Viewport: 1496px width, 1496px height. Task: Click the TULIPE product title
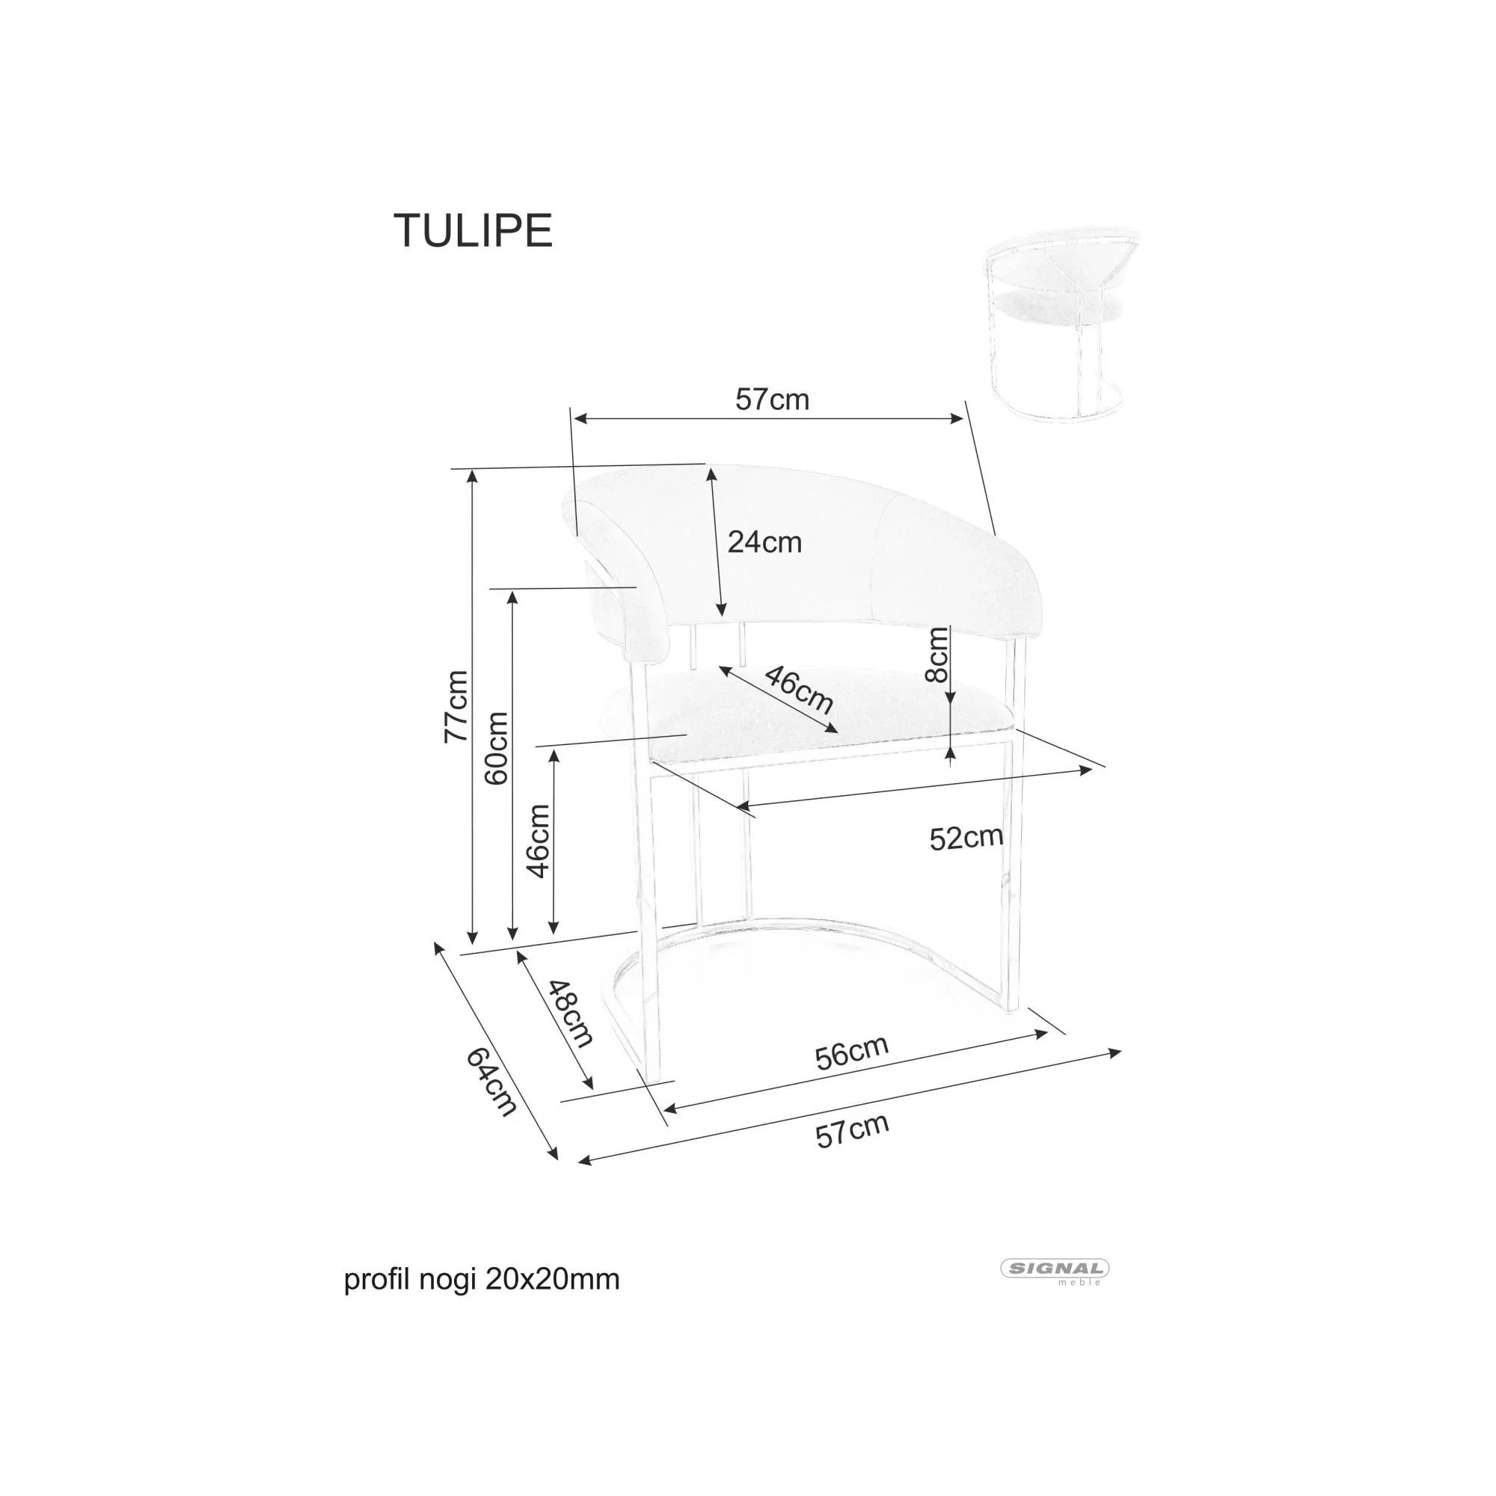pyautogui.click(x=473, y=230)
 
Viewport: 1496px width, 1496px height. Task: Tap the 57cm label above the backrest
pyautogui.click(x=771, y=399)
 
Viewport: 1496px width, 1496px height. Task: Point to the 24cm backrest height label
pyautogui.click(x=764, y=542)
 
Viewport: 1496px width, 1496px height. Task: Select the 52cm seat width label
pyautogui.click(x=966, y=837)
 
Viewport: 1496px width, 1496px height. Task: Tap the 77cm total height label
pyautogui.click(x=456, y=706)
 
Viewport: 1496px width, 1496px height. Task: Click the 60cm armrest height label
pyautogui.click(x=497, y=749)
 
